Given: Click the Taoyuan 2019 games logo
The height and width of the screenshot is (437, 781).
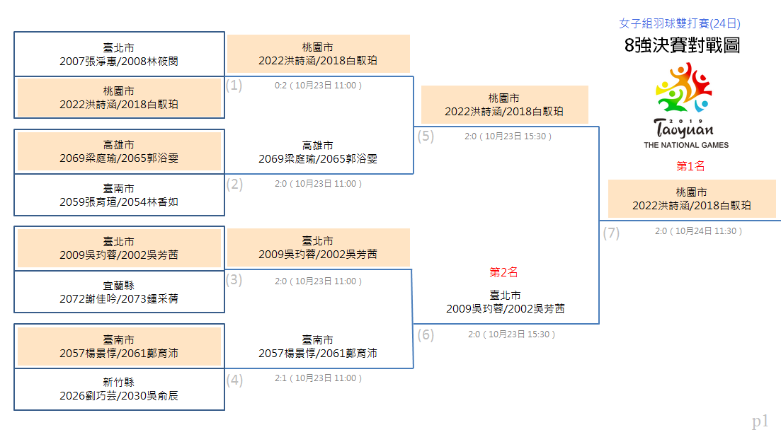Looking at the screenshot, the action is pos(685,105).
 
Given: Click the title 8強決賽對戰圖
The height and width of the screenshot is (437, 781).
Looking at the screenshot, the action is pos(682,45).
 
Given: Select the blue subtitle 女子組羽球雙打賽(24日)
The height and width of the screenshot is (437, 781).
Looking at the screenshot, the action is pos(679,23).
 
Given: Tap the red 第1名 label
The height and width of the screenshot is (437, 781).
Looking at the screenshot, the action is pos(690,166).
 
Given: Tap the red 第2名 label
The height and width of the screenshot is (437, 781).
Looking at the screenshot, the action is pos(503,272).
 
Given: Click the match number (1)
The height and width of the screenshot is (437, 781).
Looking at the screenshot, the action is pos(234,85).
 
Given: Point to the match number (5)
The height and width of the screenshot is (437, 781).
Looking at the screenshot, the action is pos(426,136).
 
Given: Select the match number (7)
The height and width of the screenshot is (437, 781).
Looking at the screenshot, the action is pos(611,233).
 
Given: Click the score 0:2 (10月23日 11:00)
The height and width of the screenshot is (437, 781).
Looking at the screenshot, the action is pos(319,86).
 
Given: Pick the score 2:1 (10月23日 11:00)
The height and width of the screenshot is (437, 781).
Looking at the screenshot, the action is pos(319,378).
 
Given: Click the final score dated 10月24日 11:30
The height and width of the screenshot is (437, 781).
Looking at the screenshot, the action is pos(698,231).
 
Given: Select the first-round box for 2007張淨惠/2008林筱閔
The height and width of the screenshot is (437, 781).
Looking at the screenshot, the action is pos(119,54).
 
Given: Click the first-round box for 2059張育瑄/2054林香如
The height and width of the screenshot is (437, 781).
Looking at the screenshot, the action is pos(119,195).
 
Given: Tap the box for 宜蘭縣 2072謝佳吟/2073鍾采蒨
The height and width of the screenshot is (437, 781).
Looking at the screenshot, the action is pos(119,292).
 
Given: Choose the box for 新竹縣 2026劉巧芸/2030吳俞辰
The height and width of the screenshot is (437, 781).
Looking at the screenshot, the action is pos(119,390).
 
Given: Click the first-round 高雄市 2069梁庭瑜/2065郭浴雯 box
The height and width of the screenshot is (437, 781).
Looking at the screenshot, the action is pos(119,151).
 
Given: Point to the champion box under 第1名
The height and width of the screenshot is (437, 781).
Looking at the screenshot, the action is pos(692,199).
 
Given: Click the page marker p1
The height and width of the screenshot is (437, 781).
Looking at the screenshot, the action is pos(760,421).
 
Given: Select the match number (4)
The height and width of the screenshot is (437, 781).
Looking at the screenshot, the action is pos(234,380).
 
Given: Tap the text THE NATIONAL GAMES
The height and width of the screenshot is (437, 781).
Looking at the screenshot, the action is pos(686,145).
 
